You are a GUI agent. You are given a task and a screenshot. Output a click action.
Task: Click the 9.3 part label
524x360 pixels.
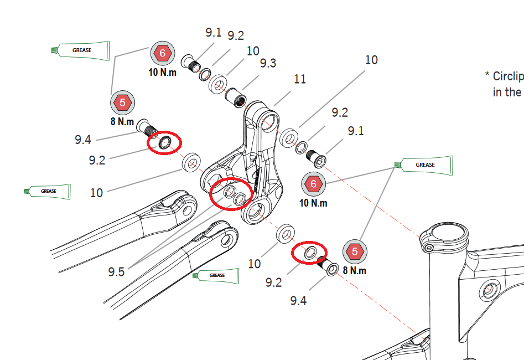[268, 63]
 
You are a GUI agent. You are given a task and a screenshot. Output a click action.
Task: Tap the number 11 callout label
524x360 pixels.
[299, 79]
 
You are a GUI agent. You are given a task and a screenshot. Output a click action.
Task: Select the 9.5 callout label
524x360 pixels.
[116, 271]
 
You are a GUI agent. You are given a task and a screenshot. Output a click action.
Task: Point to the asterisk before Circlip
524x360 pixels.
[487, 75]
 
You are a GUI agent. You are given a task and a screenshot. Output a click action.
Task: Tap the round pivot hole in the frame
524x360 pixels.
[488, 289]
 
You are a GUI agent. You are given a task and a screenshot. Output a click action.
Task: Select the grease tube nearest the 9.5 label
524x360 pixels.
[216, 275]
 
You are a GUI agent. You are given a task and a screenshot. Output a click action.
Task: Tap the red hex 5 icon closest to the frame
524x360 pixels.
[355, 252]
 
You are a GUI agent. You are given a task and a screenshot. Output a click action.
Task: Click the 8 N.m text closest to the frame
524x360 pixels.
[355, 271]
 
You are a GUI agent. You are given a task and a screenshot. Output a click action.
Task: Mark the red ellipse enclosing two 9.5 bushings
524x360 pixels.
[231, 194]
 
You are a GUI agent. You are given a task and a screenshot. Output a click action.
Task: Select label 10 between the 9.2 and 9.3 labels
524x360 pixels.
[253, 51]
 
